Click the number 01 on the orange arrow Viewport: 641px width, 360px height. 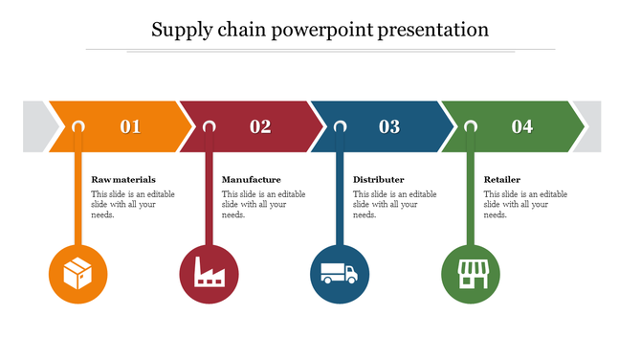pyautogui.click(x=130, y=125)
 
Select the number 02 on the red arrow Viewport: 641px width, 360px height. pyautogui.click(x=260, y=125)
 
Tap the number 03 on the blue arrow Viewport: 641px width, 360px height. pyautogui.click(x=389, y=125)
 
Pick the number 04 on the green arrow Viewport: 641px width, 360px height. pyautogui.click(x=521, y=125)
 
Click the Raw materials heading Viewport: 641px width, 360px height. pyautogui.click(x=123, y=179)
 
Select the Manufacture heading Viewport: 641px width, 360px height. pyautogui.click(x=251, y=179)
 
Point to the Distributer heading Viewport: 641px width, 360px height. pyautogui.click(x=378, y=179)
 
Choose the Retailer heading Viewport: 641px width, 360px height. pyautogui.click(x=502, y=179)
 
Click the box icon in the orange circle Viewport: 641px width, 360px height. pyautogui.click(x=77, y=274)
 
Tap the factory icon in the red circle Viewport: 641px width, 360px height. pyautogui.click(x=209, y=274)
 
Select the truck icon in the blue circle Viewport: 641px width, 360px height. pyautogui.click(x=340, y=274)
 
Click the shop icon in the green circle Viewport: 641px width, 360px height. pyautogui.click(x=470, y=274)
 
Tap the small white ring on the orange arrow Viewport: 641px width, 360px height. pyautogui.click(x=78, y=125)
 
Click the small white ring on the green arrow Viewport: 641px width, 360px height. pyautogui.click(x=471, y=125)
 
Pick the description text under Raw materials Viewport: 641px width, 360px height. pyautogui.click(x=133, y=204)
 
